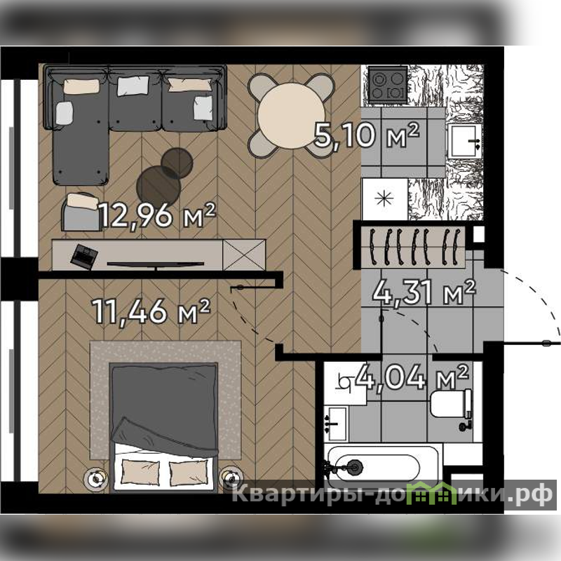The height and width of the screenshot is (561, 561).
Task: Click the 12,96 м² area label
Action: (157, 215)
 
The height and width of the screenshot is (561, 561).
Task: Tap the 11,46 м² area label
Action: (151, 311)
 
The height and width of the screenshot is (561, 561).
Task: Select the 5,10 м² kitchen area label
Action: (366, 135)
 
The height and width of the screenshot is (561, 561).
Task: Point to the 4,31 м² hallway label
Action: (424, 292)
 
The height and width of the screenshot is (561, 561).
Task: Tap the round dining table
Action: (291, 115)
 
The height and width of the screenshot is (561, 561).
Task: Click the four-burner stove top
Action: (388, 85)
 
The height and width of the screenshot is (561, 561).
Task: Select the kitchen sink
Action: (465, 141)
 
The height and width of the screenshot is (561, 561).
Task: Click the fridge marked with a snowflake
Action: (384, 199)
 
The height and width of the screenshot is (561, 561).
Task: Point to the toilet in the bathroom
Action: (451, 403)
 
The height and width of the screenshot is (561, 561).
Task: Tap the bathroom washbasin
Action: (336, 424)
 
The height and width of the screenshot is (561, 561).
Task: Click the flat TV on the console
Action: (156, 264)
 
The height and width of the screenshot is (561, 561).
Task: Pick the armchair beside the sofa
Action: (81, 212)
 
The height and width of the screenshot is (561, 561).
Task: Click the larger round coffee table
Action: (158, 187)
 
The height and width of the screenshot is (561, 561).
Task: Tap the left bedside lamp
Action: (95, 478)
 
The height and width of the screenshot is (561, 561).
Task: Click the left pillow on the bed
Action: (141, 472)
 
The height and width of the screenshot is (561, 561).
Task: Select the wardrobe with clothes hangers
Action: (412, 247)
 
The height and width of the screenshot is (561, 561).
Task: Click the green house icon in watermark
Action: (432, 494)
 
